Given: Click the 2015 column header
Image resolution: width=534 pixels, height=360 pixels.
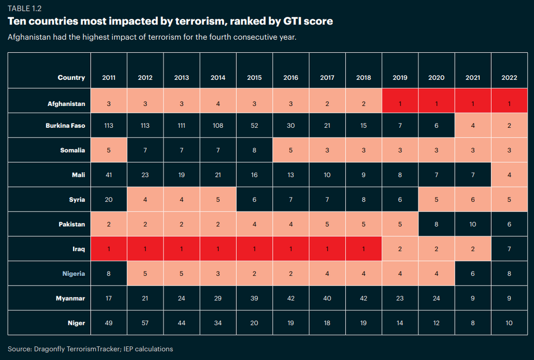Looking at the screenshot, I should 254,78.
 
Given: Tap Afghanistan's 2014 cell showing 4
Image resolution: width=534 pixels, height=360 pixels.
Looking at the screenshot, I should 217,104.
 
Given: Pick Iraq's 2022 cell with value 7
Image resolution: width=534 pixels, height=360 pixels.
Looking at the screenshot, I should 509,249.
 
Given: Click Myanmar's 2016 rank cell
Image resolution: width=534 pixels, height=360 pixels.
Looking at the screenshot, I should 290,298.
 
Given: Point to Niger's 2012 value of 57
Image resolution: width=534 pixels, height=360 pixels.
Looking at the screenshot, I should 145,323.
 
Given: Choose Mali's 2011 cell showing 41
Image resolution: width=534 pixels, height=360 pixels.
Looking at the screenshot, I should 108,175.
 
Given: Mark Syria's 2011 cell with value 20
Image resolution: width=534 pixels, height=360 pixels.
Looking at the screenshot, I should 108,200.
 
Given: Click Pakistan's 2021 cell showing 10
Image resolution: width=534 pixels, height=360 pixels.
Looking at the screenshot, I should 472,224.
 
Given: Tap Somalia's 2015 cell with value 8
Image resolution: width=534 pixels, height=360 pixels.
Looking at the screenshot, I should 254,150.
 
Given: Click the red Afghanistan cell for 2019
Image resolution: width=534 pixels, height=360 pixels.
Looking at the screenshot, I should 399,104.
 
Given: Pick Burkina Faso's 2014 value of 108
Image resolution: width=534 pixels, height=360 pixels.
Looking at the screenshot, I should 217,126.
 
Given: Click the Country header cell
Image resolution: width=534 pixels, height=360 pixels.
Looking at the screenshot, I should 71,78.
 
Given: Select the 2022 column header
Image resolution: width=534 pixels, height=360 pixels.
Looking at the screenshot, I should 509,78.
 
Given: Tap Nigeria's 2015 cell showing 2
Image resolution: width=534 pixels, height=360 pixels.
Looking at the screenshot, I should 254,274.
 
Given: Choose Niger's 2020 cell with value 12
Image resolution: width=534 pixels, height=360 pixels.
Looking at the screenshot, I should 436,323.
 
